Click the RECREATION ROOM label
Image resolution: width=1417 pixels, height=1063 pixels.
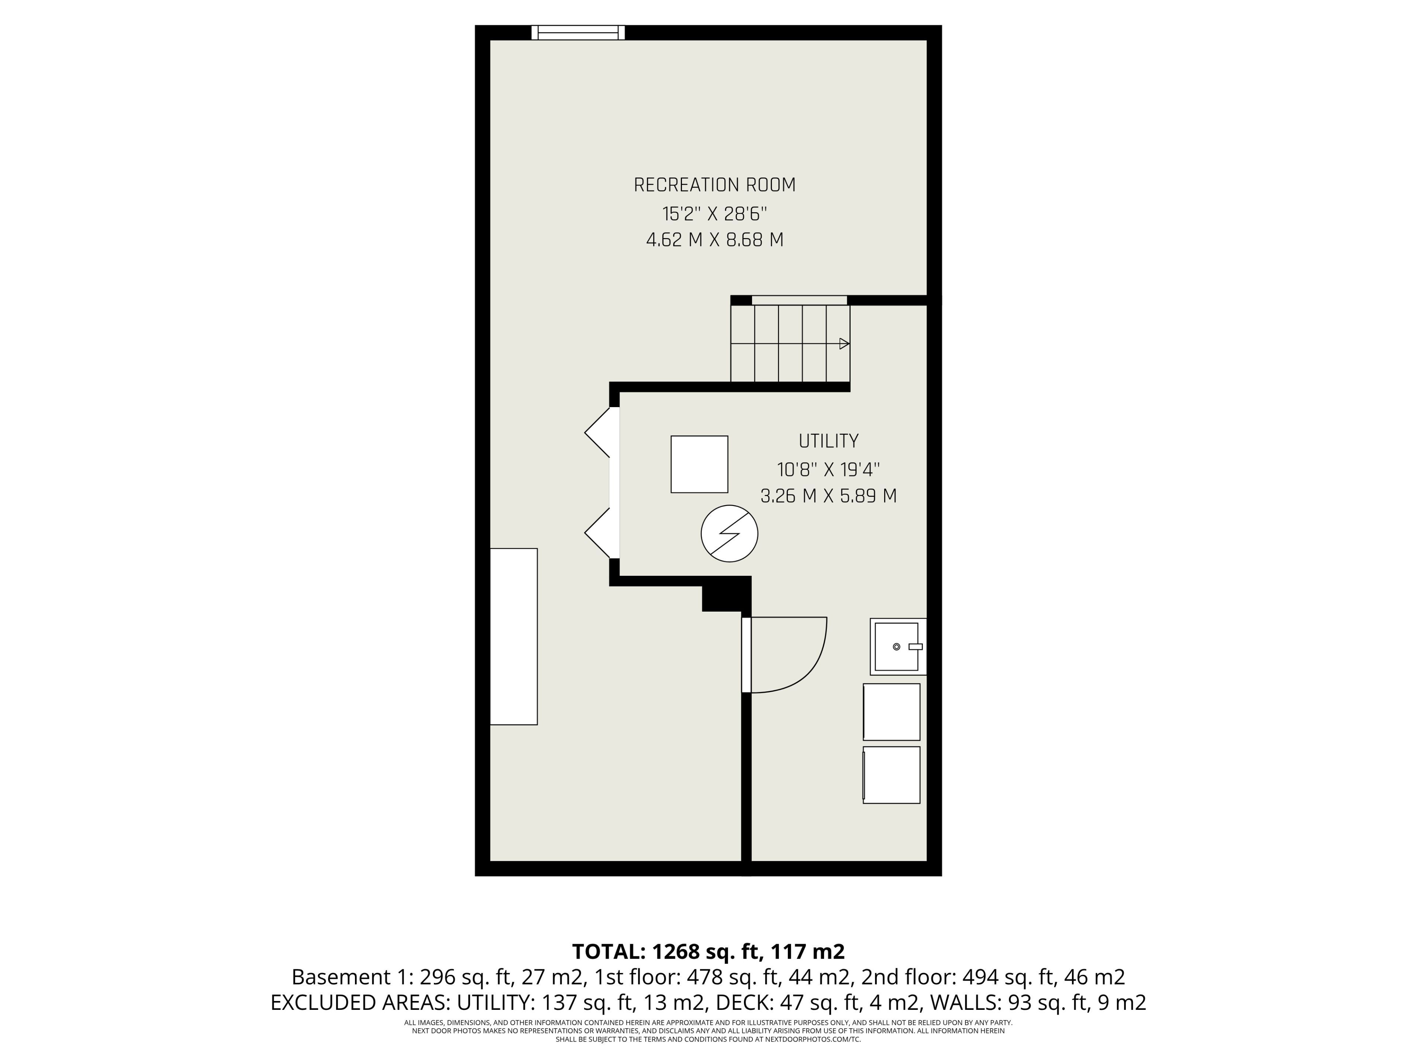click(714, 185)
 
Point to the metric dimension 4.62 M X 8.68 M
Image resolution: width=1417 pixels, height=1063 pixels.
click(714, 240)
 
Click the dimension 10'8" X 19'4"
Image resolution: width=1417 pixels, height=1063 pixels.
click(828, 469)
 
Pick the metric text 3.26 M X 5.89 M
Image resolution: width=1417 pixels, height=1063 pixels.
click(828, 496)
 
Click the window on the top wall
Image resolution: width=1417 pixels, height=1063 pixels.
click(578, 33)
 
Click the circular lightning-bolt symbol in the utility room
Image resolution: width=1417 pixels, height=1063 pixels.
click(729, 534)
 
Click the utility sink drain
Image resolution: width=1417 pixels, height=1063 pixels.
click(896, 647)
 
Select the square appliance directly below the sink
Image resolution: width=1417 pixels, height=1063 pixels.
click(891, 712)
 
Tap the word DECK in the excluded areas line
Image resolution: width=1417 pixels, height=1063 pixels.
click(739, 1003)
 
